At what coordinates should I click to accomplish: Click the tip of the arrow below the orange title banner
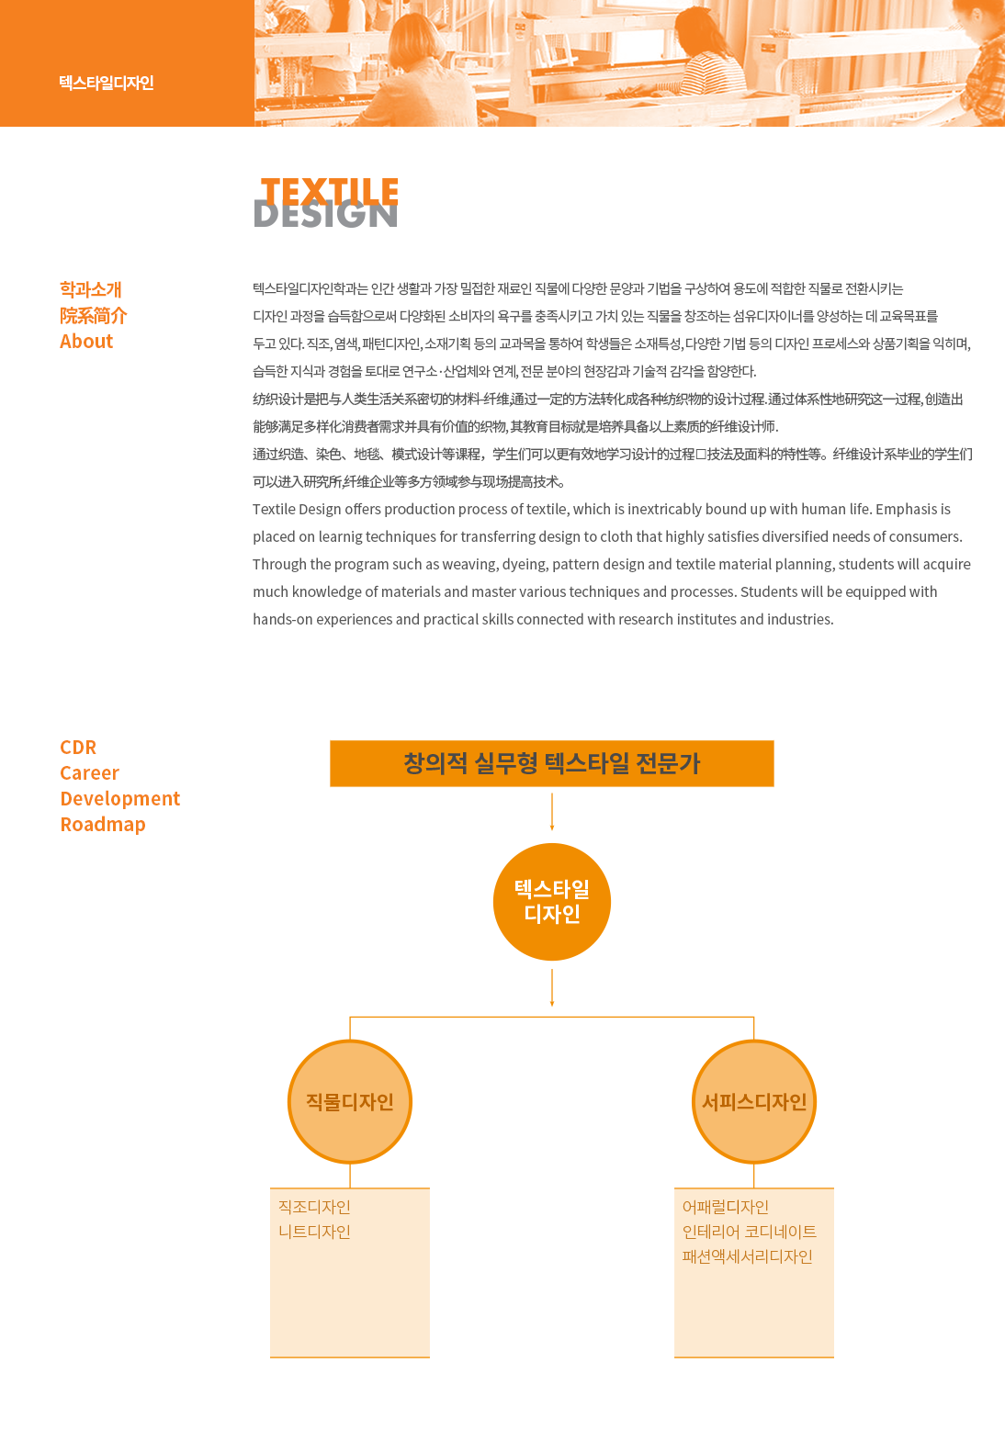(x=552, y=830)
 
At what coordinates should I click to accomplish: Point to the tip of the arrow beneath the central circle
(x=552, y=1006)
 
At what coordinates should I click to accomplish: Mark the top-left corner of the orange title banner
(x=330, y=740)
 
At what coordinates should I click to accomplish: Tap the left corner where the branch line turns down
(x=350, y=1017)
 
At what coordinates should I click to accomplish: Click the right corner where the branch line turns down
(x=753, y=1017)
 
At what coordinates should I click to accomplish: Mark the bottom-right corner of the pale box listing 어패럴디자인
(x=834, y=1357)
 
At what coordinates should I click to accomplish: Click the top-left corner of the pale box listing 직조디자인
(x=270, y=1188)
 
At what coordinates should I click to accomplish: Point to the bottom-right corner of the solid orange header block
(x=254, y=126)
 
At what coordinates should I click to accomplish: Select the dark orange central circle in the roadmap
(x=552, y=901)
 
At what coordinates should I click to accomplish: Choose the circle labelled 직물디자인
(x=350, y=1102)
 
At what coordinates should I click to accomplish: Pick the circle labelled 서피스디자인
(x=754, y=1102)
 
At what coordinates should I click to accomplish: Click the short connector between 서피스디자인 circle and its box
(x=754, y=1176)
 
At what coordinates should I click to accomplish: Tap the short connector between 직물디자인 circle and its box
(x=350, y=1176)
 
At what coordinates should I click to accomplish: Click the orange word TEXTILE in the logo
(x=330, y=191)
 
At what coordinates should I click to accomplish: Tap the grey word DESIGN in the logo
(x=325, y=215)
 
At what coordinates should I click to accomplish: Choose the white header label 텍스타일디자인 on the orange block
(x=107, y=83)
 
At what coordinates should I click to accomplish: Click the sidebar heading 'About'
(x=86, y=341)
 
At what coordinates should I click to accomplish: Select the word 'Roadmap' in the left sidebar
(x=103, y=824)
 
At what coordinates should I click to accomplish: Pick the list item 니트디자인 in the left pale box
(x=314, y=1232)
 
